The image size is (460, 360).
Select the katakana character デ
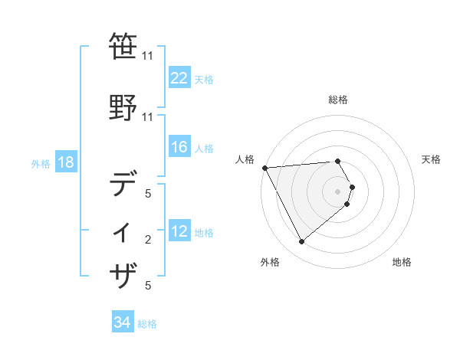pos(124,185)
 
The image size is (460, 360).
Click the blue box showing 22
pos(179,78)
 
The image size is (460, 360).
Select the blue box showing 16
pos(179,147)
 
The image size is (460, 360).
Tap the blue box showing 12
pos(179,231)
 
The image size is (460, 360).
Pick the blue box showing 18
pos(65,162)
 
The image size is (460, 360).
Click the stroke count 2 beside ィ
pos(148,241)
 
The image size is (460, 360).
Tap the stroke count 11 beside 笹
pos(147,56)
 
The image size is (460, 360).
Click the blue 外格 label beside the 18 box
pos(41,163)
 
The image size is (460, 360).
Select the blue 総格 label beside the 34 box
pos(147,324)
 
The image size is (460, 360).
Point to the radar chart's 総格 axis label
pos(338,100)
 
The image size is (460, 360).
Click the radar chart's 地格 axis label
pos(402,262)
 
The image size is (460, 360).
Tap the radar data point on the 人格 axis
pos(264,167)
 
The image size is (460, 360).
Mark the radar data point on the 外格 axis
pos(301,242)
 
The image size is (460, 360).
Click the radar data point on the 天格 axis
pos(352,187)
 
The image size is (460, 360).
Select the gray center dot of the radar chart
pos(338,191)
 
